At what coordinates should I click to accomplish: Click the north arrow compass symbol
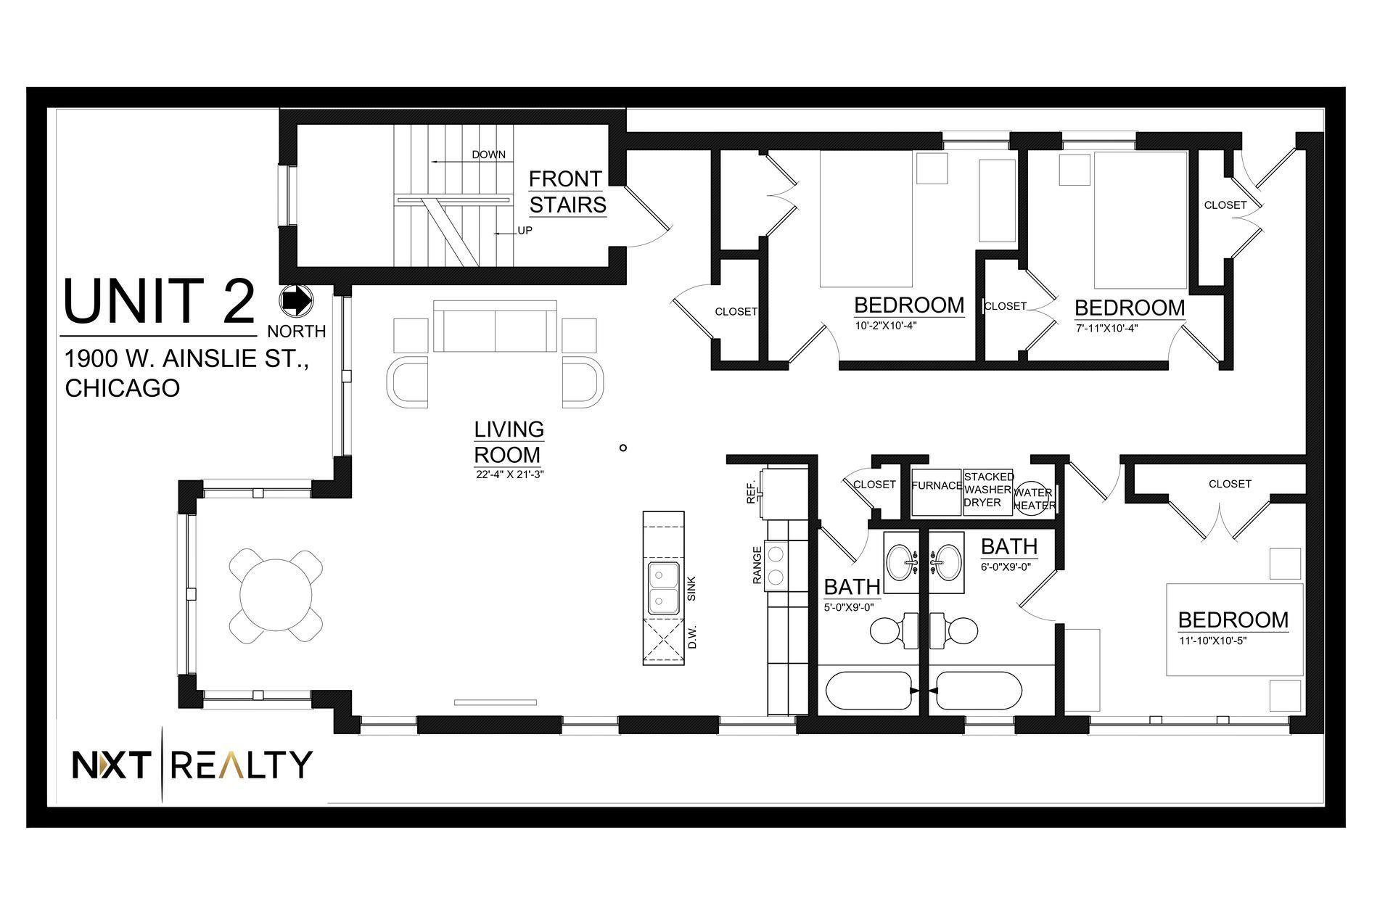click(x=296, y=300)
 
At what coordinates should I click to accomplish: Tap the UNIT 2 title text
click(x=160, y=302)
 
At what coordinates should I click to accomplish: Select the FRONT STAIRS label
click(x=567, y=192)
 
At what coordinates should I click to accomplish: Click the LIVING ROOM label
click(x=509, y=442)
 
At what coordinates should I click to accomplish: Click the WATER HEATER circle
click(x=1033, y=498)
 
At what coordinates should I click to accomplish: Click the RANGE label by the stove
click(x=757, y=565)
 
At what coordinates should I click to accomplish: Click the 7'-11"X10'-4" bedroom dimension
click(x=1106, y=327)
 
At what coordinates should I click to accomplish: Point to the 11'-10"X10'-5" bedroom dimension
click(x=1212, y=641)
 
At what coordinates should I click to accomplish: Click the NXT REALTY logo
click(x=192, y=765)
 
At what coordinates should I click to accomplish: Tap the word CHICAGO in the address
click(x=123, y=388)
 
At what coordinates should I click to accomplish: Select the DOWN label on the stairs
click(x=488, y=155)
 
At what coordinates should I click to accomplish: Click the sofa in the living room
click(x=496, y=326)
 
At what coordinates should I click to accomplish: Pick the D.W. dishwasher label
click(x=692, y=636)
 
